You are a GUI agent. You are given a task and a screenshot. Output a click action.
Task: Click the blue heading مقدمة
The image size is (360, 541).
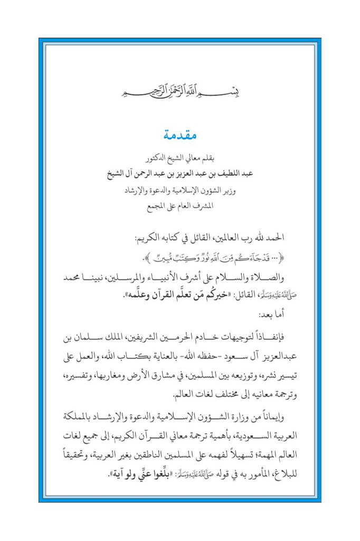tap(179, 135)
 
